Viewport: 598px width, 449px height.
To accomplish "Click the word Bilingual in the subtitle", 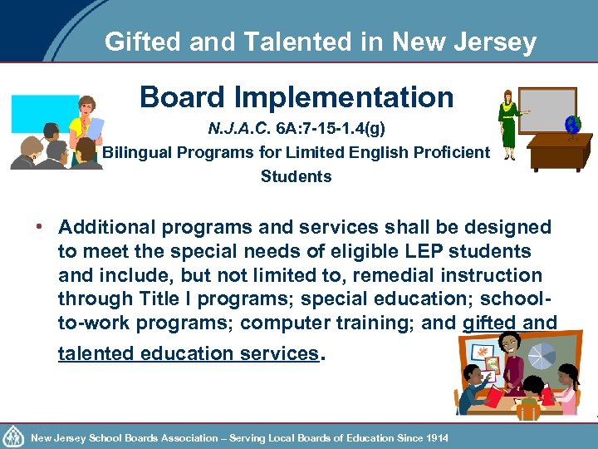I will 137,153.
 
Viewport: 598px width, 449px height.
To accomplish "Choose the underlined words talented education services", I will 188,353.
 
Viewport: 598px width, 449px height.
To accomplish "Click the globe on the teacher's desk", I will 572,126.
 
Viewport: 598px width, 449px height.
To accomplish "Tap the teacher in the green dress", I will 506,125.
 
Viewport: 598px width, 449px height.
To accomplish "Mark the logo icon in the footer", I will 14,436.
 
